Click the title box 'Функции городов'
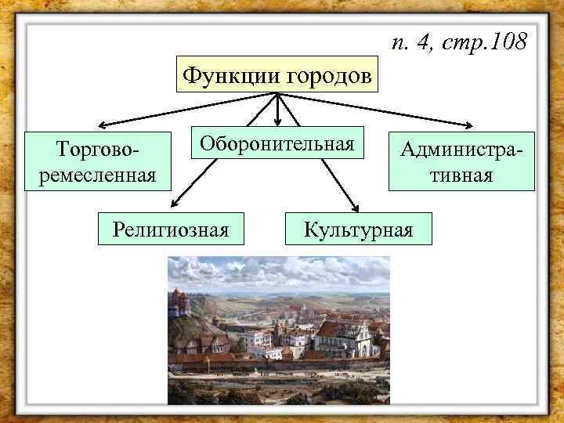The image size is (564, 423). click(x=277, y=75)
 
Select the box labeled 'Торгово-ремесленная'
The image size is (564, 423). click(x=97, y=161)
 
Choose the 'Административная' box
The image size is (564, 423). click(x=461, y=161)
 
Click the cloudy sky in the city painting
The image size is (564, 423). click(x=282, y=270)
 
